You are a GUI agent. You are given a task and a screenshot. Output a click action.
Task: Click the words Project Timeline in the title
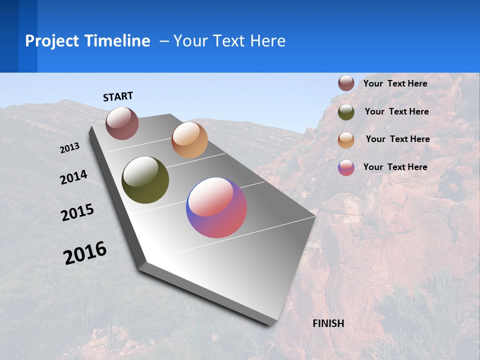coord(87,41)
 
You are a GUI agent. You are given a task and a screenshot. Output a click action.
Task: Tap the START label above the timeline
coord(118,96)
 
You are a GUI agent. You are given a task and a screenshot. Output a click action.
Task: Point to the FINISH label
coord(328,323)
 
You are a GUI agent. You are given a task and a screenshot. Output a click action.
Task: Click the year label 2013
coord(70,148)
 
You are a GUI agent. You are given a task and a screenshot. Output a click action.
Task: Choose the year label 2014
coord(74,177)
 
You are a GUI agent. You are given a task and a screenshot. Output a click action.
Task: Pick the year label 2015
coord(77,212)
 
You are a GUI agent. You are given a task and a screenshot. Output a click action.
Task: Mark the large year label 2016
coord(85,253)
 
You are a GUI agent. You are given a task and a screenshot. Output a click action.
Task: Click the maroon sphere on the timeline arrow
coord(122,123)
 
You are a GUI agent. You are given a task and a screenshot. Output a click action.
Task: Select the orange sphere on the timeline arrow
coord(189,140)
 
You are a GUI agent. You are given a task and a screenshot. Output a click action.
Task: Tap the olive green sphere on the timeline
coord(145,180)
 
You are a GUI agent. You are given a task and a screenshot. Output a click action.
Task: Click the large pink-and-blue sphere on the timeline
coord(216,207)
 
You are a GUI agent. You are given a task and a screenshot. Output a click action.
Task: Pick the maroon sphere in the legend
coord(346,83)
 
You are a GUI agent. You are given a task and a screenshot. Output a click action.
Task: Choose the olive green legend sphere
coord(346,112)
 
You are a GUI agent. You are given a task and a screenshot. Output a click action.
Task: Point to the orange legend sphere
coord(346,140)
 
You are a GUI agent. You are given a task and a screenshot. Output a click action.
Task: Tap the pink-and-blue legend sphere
coord(346,167)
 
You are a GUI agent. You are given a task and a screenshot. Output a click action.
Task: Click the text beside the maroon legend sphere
coord(395,83)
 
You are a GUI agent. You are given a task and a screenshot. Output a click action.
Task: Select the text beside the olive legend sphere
coord(396,111)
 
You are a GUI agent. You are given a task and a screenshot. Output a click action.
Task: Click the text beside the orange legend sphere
coord(397,139)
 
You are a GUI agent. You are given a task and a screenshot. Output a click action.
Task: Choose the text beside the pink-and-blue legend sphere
coord(395,167)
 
